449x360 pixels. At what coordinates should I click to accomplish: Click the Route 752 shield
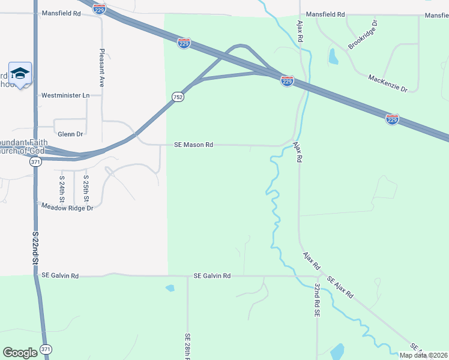click(x=177, y=97)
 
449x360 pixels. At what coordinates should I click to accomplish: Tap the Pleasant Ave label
click(x=102, y=68)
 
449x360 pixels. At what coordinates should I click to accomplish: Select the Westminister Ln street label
click(x=65, y=95)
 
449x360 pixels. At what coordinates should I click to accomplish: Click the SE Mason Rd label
click(x=193, y=145)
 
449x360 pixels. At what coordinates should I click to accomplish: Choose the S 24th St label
click(x=62, y=188)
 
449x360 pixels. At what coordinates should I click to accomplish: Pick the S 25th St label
click(x=86, y=188)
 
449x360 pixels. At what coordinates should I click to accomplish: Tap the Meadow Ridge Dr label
click(x=67, y=207)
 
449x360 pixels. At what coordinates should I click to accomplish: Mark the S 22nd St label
click(x=35, y=249)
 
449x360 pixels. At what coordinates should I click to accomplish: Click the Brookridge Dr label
click(x=363, y=35)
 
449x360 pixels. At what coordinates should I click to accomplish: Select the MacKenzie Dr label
click(x=388, y=83)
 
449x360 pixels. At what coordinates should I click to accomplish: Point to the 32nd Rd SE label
click(x=316, y=301)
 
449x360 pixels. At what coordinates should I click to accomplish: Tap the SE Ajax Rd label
click(x=340, y=289)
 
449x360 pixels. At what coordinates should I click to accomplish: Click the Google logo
click(x=20, y=352)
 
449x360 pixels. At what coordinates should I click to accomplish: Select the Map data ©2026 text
click(x=423, y=355)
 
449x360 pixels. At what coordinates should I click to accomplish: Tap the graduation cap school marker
click(x=20, y=74)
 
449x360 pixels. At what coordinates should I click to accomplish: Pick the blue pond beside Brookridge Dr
click(x=333, y=56)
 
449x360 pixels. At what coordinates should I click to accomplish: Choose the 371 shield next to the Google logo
click(x=46, y=349)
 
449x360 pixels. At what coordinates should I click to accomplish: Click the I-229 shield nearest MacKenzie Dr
click(x=391, y=119)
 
